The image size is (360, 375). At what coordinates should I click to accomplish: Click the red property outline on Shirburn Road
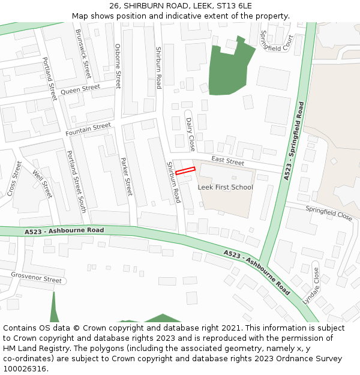click(185, 171)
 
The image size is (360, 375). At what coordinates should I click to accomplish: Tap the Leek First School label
click(226, 187)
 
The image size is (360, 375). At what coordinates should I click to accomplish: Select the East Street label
click(228, 161)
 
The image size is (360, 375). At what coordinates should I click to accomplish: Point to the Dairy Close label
click(191, 134)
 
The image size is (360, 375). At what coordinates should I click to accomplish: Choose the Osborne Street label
click(118, 66)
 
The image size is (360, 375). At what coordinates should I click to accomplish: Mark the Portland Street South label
click(76, 182)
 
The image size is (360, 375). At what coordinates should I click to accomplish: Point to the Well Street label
click(43, 184)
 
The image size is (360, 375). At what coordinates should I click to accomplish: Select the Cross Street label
click(14, 178)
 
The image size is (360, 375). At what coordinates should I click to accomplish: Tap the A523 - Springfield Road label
click(293, 141)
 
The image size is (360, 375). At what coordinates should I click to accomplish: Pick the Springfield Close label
click(329, 212)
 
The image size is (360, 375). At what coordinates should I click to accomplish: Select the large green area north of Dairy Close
click(228, 69)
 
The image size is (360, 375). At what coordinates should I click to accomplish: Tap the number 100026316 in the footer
click(24, 368)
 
